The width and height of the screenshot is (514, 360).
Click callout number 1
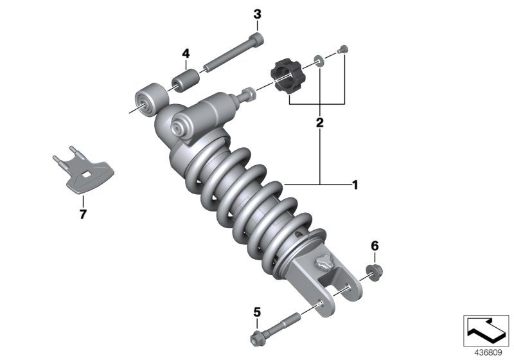pyautogui.click(x=353, y=185)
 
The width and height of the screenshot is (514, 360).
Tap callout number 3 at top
pyautogui.click(x=257, y=14)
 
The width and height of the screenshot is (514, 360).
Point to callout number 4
pyautogui.click(x=186, y=53)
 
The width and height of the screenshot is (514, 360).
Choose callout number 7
pyautogui.click(x=82, y=214)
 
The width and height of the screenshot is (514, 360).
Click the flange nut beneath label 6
pyautogui.click(x=373, y=270)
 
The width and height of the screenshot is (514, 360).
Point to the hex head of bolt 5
pyautogui.click(x=255, y=336)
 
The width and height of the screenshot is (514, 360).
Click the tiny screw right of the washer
pyautogui.click(x=344, y=48)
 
